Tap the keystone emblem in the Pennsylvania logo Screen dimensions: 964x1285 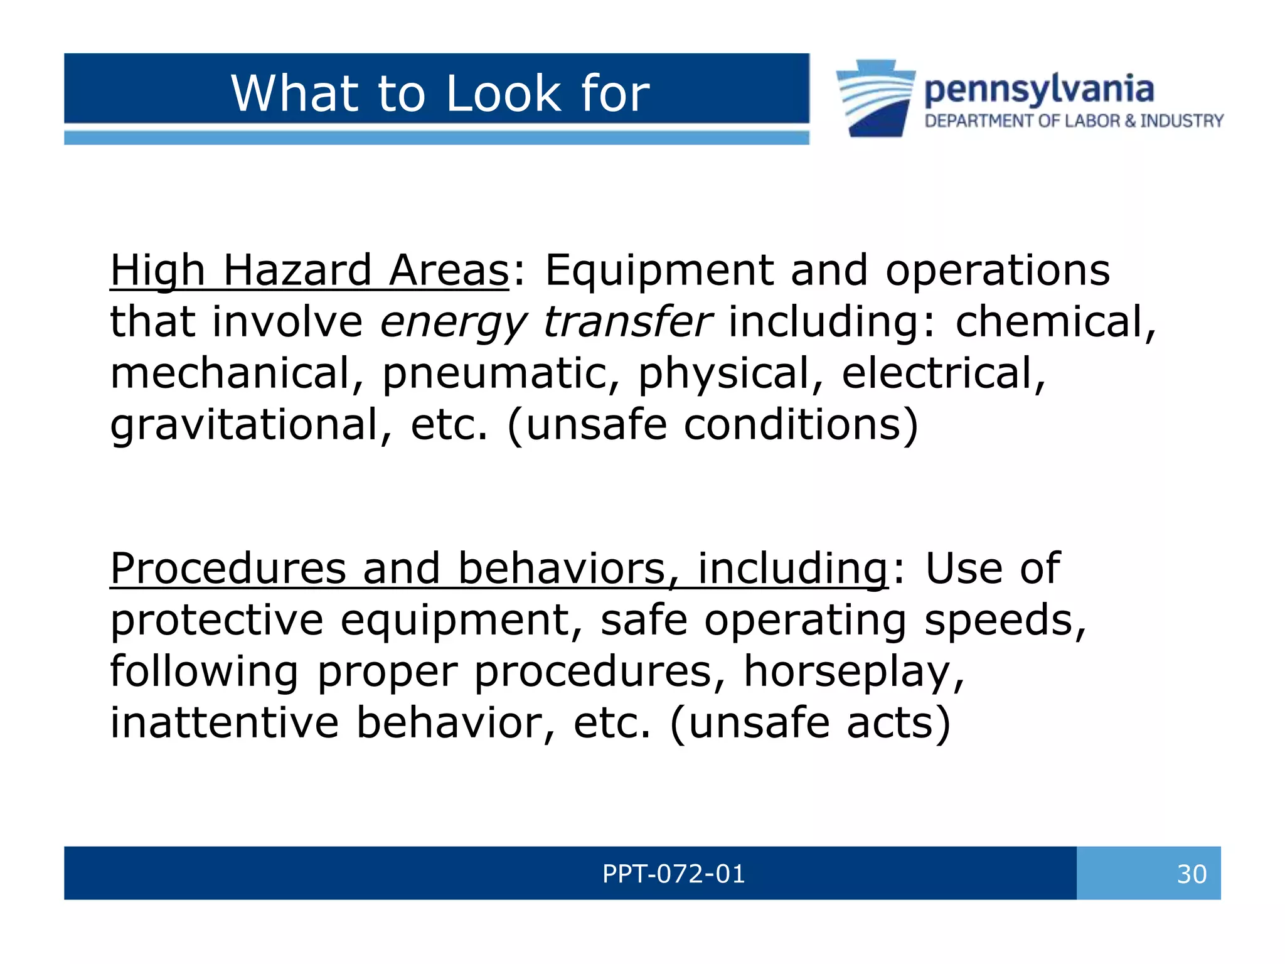(x=875, y=99)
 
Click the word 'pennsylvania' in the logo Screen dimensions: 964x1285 (x=1039, y=89)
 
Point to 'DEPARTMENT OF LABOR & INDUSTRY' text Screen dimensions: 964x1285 (x=1074, y=120)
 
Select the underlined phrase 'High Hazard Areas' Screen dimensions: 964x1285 (x=309, y=270)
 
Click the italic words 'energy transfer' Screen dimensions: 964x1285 (x=546, y=322)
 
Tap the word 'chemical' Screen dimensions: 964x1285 (x=1055, y=321)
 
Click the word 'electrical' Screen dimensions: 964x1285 (x=943, y=373)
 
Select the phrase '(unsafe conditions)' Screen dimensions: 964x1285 (x=713, y=425)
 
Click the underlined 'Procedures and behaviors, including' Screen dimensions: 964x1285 (x=499, y=569)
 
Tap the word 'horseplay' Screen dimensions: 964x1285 (x=853, y=672)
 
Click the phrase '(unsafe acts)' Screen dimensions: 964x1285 (x=810, y=723)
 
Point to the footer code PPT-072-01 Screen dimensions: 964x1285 (x=673, y=874)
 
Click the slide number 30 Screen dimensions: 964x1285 (x=1191, y=874)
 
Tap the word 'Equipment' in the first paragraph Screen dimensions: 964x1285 (x=659, y=270)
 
